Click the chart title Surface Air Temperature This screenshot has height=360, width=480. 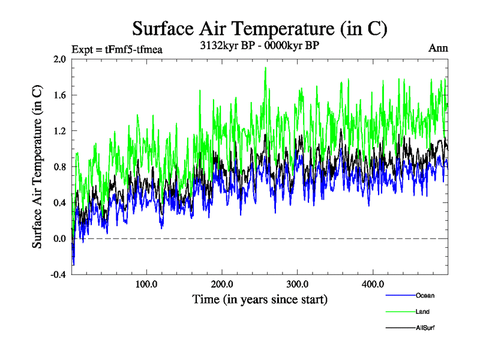tap(259, 29)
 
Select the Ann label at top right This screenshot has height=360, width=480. tap(438, 48)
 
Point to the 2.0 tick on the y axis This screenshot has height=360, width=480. tap(59, 59)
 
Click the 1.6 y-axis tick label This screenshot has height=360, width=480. tap(59, 95)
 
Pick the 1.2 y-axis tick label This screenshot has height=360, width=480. tap(59, 131)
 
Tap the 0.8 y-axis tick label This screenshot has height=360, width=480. tap(59, 167)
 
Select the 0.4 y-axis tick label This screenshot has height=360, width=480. tap(59, 203)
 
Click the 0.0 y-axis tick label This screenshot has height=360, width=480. tap(59, 239)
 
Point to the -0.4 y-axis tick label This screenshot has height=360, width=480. tap(58, 275)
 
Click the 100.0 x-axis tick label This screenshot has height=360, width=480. tap(146, 284)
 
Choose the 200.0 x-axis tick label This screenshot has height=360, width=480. tap(222, 284)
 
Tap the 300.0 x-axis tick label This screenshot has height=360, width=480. tap(298, 284)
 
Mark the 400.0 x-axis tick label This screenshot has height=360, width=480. tap(373, 284)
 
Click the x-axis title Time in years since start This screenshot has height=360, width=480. tap(260, 299)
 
